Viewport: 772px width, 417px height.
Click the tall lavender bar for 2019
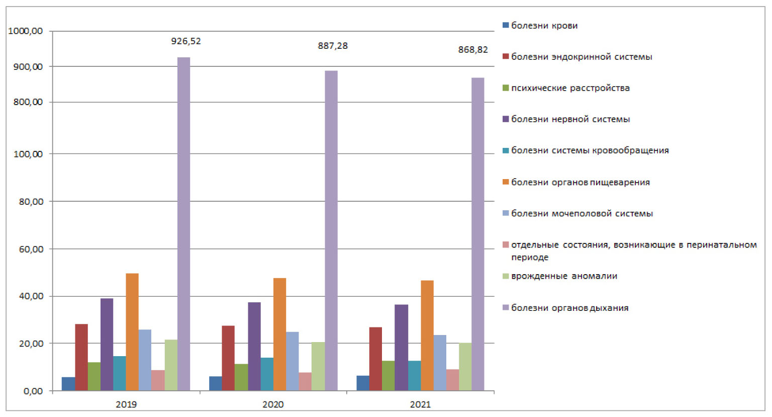pos(183,224)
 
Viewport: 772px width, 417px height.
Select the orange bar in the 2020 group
pos(279,335)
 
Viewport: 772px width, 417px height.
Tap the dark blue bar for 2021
pos(363,383)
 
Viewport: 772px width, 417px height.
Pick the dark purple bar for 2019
pos(107,345)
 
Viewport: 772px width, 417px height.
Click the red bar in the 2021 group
pos(375,359)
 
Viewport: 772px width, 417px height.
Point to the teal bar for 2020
pos(267,374)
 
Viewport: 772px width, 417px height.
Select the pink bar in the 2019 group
pos(158,380)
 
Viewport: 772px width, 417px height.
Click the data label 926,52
pos(186,41)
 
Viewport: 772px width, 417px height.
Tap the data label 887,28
pos(333,46)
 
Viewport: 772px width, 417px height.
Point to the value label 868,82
pos(473,50)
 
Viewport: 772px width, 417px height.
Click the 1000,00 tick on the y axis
pos(26,31)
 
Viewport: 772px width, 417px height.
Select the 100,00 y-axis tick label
pos(28,154)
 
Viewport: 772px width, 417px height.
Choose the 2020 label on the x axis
pos(273,404)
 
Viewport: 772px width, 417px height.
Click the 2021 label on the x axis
pos(420,404)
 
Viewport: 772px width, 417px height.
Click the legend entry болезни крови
pos(544,26)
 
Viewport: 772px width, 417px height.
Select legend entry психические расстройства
pos(570,88)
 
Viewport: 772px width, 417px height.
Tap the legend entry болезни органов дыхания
pos(569,308)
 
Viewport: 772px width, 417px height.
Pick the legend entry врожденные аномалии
pos(564,276)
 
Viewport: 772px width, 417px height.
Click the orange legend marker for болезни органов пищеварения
pos(506,182)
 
